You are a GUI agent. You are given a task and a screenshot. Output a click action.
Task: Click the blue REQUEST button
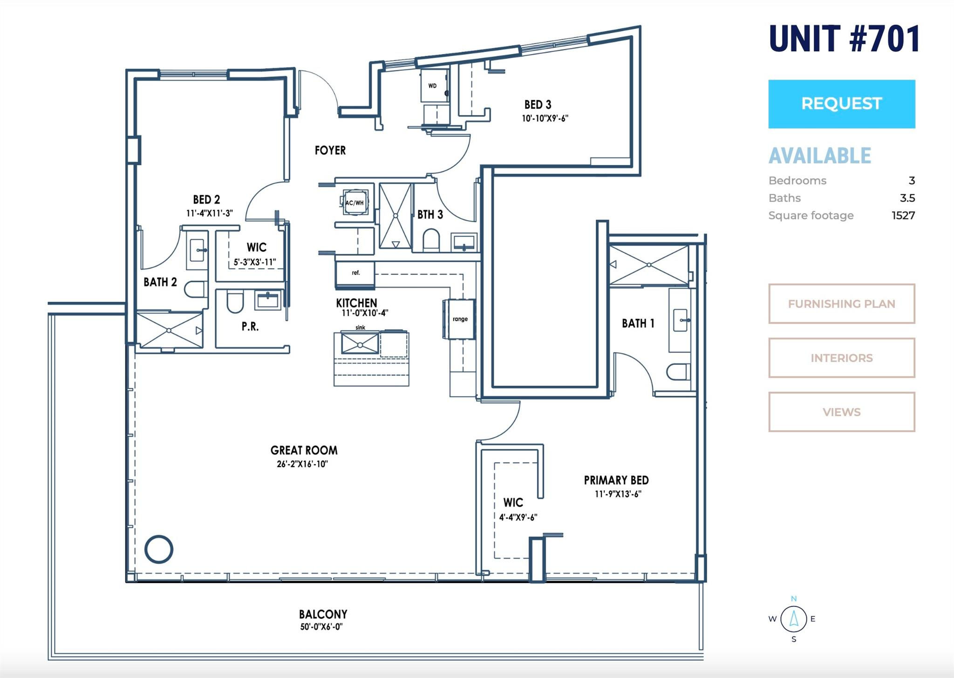click(x=842, y=104)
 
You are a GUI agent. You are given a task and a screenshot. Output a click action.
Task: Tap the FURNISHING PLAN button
click(x=842, y=304)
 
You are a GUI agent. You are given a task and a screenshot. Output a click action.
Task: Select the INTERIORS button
click(x=842, y=358)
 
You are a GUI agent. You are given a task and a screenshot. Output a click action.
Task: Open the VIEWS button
click(x=842, y=412)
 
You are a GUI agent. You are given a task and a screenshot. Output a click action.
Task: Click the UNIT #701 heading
click(x=844, y=39)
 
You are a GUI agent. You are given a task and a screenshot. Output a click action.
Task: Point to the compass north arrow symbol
click(x=794, y=618)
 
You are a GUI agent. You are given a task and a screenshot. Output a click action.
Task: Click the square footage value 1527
click(x=903, y=215)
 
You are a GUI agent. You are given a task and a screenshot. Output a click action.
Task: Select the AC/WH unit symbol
click(x=355, y=203)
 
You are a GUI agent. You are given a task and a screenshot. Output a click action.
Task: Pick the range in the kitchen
click(x=459, y=319)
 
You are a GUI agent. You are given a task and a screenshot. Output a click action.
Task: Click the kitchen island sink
click(x=360, y=344)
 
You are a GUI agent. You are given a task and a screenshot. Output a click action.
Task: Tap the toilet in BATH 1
click(x=678, y=372)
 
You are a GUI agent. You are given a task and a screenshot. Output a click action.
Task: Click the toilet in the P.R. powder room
click(x=235, y=302)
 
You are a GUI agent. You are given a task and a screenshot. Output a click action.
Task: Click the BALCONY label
click(x=323, y=614)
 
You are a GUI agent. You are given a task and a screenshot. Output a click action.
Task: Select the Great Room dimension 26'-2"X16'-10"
click(x=302, y=464)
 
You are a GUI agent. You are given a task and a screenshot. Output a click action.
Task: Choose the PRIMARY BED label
click(x=616, y=480)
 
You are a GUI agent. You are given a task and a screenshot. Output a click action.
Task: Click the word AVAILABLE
click(x=820, y=156)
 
